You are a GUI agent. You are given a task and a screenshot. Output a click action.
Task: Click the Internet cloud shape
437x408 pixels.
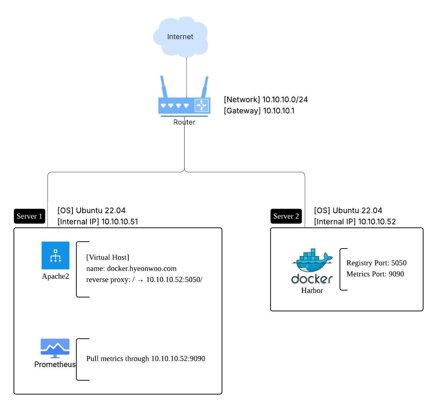[x=180, y=37]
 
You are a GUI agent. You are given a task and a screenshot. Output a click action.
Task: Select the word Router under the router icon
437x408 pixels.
[x=184, y=122]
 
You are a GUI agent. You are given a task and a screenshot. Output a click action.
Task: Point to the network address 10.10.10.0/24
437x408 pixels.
[x=285, y=100]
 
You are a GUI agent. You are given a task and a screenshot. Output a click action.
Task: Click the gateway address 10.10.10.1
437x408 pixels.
[x=279, y=111]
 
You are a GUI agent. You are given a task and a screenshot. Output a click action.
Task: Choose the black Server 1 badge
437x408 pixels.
[x=29, y=216]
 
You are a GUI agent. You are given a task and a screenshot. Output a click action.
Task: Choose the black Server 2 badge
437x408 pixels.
[x=286, y=216]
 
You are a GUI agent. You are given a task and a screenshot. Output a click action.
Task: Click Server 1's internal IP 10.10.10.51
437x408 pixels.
[x=119, y=222]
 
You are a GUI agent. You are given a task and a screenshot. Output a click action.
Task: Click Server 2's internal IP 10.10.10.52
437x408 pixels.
[x=377, y=222]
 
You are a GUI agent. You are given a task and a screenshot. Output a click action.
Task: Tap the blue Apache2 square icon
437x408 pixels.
[x=55, y=255]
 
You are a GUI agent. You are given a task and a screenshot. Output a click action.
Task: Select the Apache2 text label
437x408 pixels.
[x=55, y=276]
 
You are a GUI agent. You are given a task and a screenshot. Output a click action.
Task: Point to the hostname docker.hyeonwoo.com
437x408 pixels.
[x=142, y=269]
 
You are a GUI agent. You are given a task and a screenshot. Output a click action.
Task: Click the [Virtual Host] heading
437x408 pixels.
[x=108, y=257]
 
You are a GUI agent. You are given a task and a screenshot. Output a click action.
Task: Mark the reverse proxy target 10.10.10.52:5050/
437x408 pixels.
[x=174, y=280]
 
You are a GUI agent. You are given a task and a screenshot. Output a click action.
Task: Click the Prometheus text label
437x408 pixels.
[x=55, y=365]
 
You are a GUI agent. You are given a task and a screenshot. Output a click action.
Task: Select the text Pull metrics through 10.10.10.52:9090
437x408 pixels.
[x=146, y=358]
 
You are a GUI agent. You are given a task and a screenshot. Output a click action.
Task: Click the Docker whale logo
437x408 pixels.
[x=312, y=262]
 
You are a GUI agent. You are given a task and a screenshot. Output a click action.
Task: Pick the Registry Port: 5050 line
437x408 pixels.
[x=376, y=263]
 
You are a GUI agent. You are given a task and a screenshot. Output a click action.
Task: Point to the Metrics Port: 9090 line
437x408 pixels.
[x=375, y=274]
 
